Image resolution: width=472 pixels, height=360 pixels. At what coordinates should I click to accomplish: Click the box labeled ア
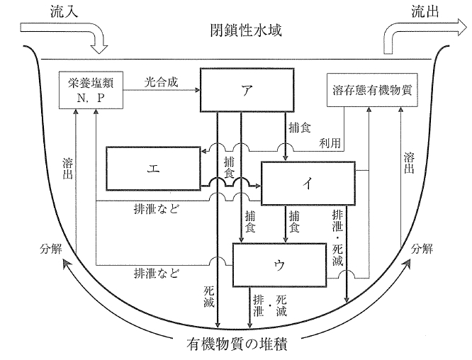pyautogui.click(x=245, y=90)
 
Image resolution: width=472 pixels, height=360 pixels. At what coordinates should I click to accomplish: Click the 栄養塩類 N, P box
pyautogui.click(x=90, y=89)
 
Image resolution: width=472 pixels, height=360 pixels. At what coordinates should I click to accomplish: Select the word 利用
pyautogui.click(x=331, y=142)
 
